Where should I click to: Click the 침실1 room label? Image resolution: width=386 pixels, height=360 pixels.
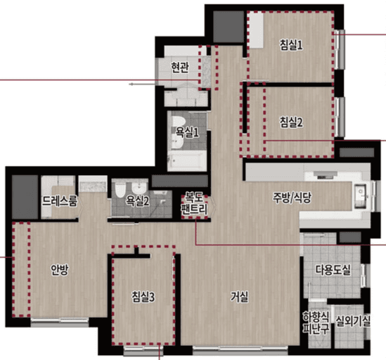point(291,45)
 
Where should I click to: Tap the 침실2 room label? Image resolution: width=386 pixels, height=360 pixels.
point(291,122)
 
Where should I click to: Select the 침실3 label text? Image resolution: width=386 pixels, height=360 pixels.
point(143,297)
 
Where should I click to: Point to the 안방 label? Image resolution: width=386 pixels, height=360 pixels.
point(60,270)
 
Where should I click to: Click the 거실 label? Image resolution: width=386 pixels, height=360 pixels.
point(240,297)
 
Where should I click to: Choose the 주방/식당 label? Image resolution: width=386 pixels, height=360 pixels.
point(292,198)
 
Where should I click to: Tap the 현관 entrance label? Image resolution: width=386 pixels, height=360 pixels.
point(180,67)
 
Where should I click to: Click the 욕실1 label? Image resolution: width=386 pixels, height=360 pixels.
point(187,132)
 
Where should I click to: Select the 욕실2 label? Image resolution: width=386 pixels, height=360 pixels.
point(137,201)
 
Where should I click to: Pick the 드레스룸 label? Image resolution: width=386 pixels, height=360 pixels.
point(60,201)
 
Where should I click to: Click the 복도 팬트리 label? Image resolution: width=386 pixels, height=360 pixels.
point(194,203)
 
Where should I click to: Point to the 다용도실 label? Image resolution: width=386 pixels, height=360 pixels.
point(333,270)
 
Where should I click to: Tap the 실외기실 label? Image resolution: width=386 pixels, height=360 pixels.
point(353,321)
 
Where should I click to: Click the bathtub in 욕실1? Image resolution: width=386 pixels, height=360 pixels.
point(187,161)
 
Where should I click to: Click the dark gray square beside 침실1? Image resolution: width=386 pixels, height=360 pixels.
point(228,27)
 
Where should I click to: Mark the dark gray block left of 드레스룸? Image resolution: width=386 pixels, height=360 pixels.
point(25,197)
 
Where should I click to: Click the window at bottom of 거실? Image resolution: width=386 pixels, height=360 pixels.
point(240,349)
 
